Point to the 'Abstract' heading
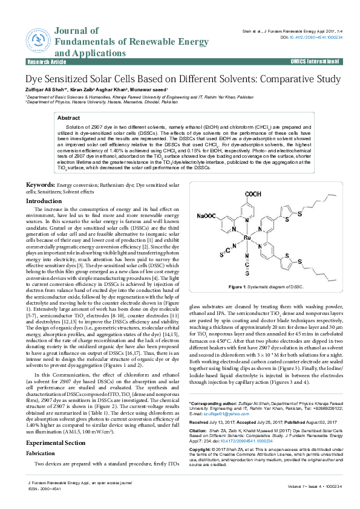68,118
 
